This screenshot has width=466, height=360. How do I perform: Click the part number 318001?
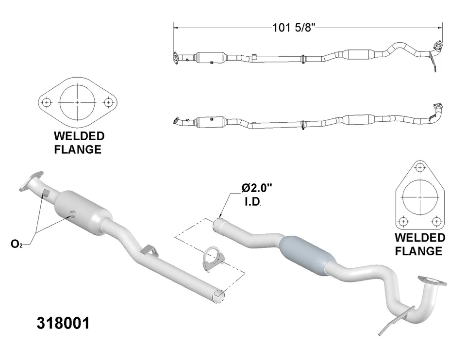(63, 323)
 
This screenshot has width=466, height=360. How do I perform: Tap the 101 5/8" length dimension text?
(294, 28)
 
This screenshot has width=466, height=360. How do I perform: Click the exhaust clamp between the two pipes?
(210, 259)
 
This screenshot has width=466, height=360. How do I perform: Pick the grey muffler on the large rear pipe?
(304, 255)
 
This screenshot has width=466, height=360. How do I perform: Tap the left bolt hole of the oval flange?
(47, 103)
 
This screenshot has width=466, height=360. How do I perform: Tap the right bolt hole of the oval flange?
(109, 103)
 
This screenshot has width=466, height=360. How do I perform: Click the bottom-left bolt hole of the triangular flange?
(402, 222)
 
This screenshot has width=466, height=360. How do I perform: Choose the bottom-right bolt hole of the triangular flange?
(437, 222)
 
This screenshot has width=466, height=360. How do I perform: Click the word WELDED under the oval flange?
(79, 136)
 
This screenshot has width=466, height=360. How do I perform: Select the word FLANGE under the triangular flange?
(419, 251)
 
